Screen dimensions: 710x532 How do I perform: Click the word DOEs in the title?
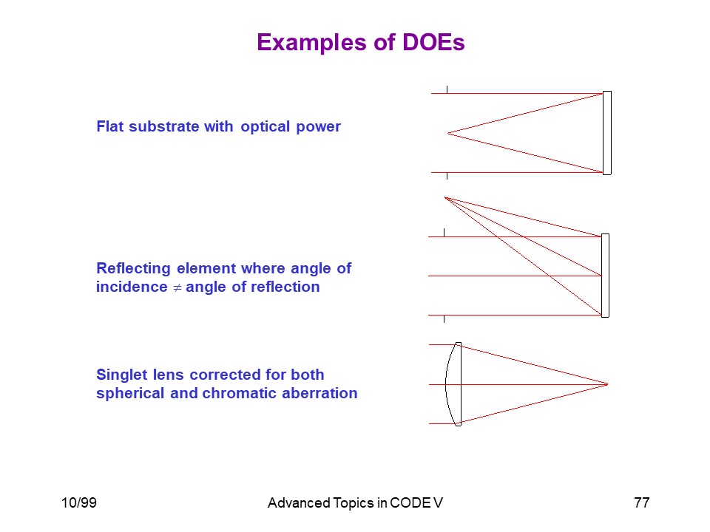[433, 42]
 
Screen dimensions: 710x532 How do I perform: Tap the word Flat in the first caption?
[110, 126]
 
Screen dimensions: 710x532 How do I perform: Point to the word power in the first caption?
[318, 127]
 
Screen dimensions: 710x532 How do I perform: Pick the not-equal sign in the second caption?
[177, 287]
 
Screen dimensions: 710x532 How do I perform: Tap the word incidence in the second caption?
[132, 287]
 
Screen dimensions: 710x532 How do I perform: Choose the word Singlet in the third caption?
[122, 375]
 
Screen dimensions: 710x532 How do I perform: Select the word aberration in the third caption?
[319, 393]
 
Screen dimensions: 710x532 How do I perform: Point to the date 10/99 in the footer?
[79, 502]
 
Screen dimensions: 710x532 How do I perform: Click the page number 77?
[642, 502]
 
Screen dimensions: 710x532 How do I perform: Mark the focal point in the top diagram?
[448, 133]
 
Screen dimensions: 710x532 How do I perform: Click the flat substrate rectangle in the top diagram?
[607, 133]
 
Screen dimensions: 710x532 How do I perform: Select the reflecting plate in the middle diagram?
[606, 276]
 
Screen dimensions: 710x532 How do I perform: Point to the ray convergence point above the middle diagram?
[445, 198]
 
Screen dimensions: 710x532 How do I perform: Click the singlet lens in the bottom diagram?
[453, 384]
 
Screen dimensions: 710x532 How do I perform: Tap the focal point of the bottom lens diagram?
[607, 384]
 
